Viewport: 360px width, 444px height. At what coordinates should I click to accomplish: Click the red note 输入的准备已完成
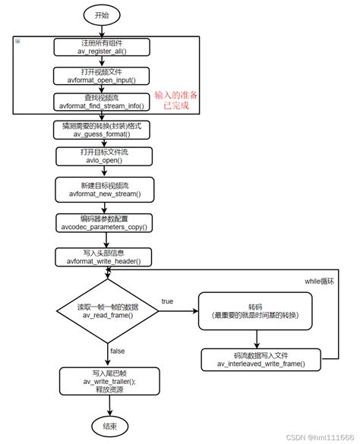182,99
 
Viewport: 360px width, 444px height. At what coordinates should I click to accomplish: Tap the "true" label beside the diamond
168,301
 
